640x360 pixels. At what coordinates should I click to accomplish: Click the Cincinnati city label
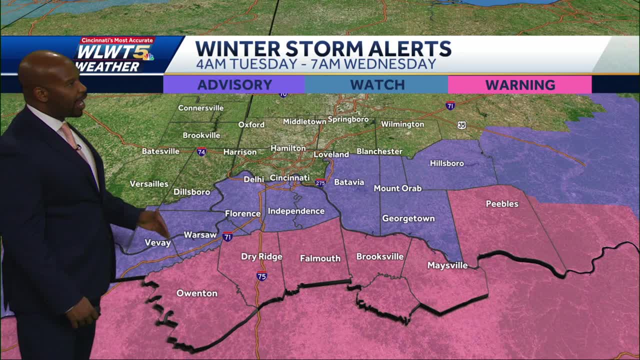tap(289, 177)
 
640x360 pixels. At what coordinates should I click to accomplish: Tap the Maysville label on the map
tap(447, 265)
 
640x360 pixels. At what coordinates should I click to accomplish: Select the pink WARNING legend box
tap(519, 85)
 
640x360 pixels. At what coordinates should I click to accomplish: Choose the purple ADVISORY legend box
tap(234, 85)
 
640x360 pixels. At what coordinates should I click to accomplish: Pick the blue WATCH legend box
tap(376, 85)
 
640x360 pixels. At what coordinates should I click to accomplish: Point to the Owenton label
tap(197, 293)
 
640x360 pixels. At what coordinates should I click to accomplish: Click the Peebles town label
tap(502, 204)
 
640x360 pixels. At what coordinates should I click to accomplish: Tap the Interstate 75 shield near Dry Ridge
tap(261, 276)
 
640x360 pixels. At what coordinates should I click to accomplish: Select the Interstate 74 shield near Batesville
tap(201, 151)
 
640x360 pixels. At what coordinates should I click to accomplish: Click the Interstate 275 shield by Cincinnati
tap(320, 182)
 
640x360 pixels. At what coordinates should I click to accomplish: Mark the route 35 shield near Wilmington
tap(461, 125)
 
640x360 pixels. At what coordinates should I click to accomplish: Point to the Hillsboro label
tap(447, 163)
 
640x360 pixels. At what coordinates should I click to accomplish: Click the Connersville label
tap(200, 108)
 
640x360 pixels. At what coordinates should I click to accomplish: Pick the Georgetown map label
tap(408, 218)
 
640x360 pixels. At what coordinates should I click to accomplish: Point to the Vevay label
tap(157, 243)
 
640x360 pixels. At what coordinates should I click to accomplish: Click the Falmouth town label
tap(320, 258)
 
